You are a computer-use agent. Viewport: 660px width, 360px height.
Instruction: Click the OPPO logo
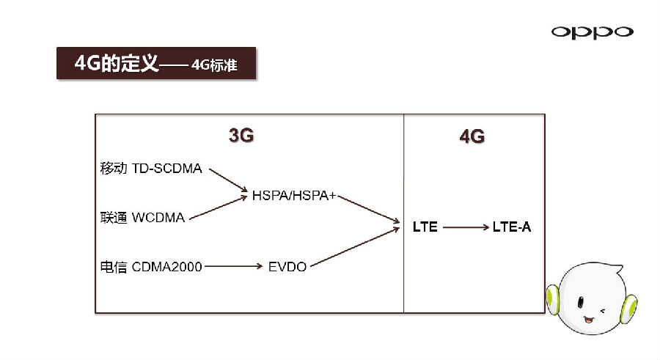592,32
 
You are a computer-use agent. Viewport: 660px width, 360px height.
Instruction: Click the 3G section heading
241,136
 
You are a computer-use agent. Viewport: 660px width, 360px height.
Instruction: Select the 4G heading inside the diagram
472,136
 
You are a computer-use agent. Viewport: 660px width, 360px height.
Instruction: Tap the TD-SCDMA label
166,169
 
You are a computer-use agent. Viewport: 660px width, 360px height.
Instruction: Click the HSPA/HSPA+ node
293,195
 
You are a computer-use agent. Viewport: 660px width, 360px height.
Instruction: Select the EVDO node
287,267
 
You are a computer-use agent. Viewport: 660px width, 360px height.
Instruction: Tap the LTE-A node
512,227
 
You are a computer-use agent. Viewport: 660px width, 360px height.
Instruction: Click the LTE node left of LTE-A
425,227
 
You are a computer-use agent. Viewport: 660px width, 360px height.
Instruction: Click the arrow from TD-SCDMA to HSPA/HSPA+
228,181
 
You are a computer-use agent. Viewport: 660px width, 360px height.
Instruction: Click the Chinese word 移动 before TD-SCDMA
114,169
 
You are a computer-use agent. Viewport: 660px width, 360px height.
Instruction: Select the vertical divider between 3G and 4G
404,213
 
